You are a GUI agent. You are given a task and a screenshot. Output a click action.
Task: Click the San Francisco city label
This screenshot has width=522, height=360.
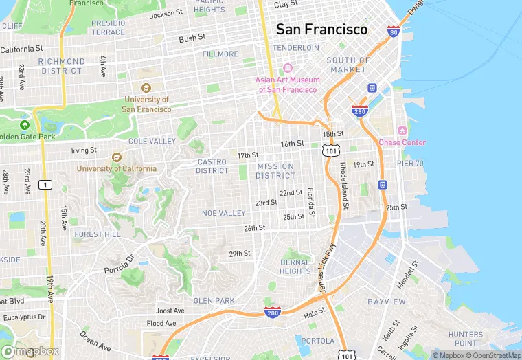pyautogui.click(x=321, y=30)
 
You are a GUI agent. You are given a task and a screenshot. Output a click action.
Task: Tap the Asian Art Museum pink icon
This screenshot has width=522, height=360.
pyautogui.click(x=287, y=68)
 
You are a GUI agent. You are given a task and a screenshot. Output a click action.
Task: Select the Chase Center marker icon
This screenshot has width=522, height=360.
pyautogui.click(x=402, y=131)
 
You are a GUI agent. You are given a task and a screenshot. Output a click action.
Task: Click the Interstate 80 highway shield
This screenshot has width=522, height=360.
pyautogui.click(x=393, y=32)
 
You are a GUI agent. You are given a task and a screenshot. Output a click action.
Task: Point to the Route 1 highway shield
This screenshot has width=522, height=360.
pyautogui.click(x=45, y=184)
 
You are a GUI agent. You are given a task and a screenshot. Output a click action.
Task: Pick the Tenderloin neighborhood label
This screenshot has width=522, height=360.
pyautogui.click(x=296, y=48)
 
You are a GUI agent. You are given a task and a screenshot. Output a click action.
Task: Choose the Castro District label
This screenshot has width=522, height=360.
pyautogui.click(x=212, y=166)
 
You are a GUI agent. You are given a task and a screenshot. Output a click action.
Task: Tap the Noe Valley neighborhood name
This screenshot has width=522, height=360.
pyautogui.click(x=223, y=214)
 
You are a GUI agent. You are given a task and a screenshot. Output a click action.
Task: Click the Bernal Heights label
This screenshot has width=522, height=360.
pyautogui.click(x=295, y=267)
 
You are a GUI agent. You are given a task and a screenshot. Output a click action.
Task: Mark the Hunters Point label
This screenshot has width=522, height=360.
pyautogui.click(x=466, y=339)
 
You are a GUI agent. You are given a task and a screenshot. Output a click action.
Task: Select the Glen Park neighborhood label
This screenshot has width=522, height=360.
pyautogui.click(x=214, y=301)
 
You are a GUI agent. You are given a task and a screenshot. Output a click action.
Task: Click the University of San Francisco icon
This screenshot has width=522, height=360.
pyautogui.click(x=146, y=88)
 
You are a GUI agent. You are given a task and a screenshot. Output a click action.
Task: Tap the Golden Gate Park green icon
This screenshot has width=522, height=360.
pyautogui.click(x=25, y=125)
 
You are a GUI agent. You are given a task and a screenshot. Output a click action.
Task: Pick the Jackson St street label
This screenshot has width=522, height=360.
pyautogui.click(x=166, y=13)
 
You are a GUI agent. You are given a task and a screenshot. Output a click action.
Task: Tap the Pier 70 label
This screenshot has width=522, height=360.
pyautogui.click(x=410, y=164)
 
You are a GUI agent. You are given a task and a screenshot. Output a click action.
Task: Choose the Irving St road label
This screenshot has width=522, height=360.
pyautogui.click(x=84, y=150)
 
